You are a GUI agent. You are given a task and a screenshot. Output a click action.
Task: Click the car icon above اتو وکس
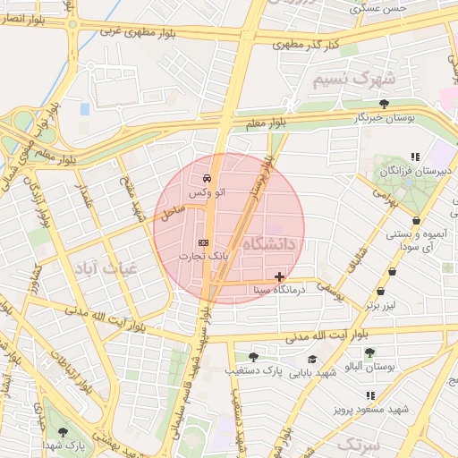[x=207, y=177]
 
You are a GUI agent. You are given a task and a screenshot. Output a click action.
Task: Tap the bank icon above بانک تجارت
[x=203, y=242]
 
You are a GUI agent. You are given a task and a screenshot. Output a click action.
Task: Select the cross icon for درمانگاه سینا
[x=281, y=277]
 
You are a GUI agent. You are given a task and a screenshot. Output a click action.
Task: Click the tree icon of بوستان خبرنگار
[x=384, y=104]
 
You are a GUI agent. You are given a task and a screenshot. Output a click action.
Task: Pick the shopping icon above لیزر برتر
[x=381, y=292]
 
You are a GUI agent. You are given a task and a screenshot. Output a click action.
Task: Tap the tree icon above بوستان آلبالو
[x=369, y=352]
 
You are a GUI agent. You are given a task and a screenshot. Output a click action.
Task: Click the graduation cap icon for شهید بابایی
[x=312, y=359]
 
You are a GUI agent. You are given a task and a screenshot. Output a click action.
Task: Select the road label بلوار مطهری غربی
[x=135, y=30]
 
